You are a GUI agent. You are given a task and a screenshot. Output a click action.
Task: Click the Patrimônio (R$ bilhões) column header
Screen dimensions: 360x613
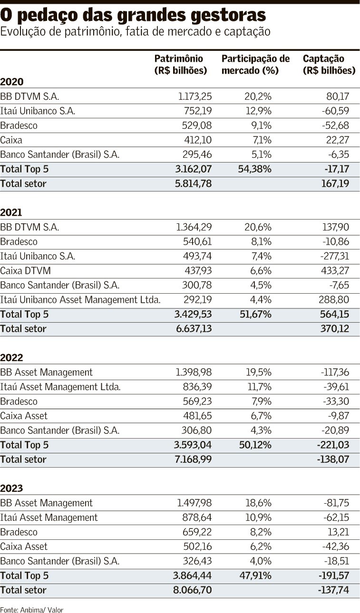tap(181, 65)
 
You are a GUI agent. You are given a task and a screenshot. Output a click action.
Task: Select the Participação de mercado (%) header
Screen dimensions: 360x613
tap(255, 65)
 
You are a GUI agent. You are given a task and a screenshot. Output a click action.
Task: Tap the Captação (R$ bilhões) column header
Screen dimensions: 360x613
tap(329, 65)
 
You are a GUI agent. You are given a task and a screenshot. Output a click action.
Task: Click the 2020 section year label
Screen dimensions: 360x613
tap(12, 82)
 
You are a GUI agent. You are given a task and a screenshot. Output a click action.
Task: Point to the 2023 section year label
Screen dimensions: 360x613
tap(11, 488)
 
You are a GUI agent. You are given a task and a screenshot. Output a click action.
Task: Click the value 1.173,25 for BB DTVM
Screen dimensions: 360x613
tap(195, 96)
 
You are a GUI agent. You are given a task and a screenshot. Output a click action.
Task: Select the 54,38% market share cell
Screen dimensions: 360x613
tap(254, 169)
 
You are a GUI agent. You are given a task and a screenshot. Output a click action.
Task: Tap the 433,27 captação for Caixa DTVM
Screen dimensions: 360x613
tap(335, 270)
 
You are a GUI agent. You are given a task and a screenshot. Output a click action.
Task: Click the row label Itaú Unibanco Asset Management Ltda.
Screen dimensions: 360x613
tap(80, 300)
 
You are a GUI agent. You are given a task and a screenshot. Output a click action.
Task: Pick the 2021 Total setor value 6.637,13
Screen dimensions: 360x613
tap(194, 328)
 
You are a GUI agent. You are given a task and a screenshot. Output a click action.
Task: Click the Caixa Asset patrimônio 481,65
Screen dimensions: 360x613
tap(197, 416)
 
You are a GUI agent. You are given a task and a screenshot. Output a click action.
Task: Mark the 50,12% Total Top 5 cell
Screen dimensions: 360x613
tap(255, 445)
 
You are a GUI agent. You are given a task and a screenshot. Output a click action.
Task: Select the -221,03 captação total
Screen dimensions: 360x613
tap(333, 445)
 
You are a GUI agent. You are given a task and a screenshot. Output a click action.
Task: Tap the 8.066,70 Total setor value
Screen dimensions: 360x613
tap(192, 590)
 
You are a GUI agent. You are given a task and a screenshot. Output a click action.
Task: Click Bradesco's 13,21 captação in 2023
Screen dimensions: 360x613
tap(338, 532)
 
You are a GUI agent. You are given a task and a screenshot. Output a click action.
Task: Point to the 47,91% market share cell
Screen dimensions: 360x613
tap(255, 575)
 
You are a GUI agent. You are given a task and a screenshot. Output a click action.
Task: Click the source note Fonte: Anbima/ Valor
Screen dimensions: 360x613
tap(31, 610)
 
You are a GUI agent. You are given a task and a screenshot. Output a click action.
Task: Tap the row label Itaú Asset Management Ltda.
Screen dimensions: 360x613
tap(60, 387)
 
